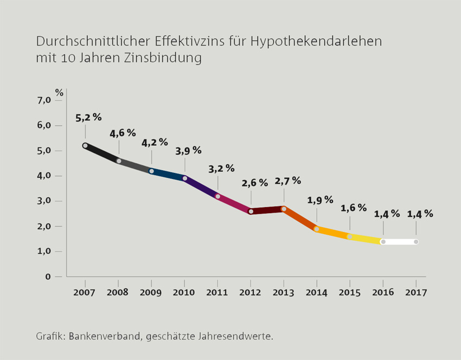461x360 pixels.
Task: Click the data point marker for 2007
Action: tap(85, 145)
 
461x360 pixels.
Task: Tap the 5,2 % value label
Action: tap(88, 117)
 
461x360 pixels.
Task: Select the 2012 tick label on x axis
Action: tap(251, 292)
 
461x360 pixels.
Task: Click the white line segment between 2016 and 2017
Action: tap(400, 242)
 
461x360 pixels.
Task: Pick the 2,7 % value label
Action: tap(287, 181)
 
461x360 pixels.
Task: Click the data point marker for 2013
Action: tap(284, 209)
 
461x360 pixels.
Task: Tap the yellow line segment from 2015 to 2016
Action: tap(366, 239)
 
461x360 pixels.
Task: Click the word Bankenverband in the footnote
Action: tap(105, 336)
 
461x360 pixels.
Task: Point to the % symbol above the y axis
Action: tap(59, 92)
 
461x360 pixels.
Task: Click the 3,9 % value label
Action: tap(188, 151)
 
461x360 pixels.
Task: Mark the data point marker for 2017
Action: tap(416, 242)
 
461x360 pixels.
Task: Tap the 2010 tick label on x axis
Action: tap(184, 292)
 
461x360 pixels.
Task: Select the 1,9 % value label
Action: tap(321, 200)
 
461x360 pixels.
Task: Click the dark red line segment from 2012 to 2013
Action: tap(267, 210)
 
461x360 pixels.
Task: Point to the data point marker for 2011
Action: tap(217, 196)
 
